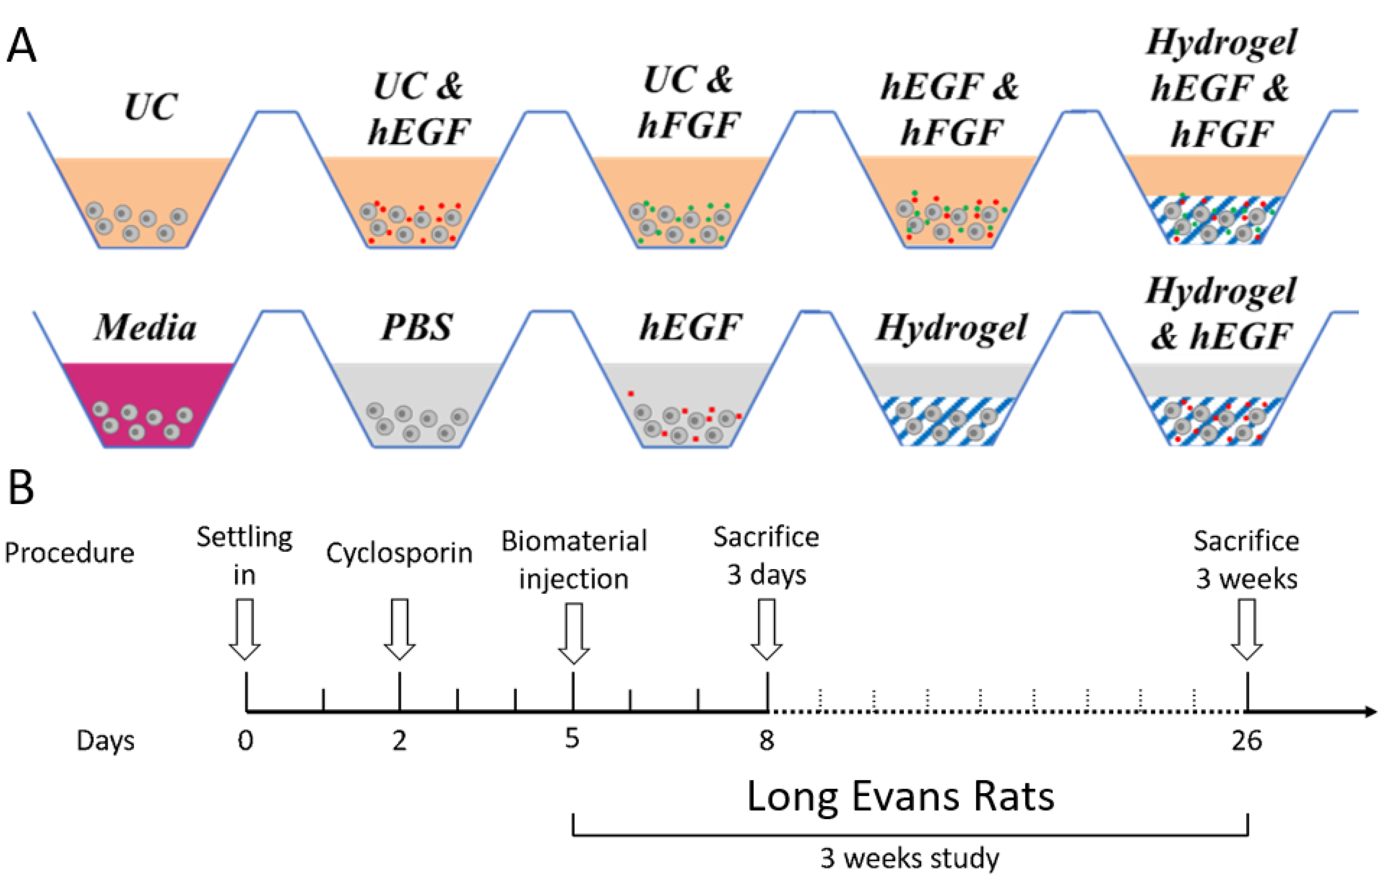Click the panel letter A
point(21,46)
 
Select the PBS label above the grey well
point(416,327)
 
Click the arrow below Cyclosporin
point(399,629)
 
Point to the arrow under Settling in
point(245,629)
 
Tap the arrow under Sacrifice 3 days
point(766,629)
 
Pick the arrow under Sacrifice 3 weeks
point(1246,629)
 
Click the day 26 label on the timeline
point(1246,740)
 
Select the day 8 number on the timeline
point(766,740)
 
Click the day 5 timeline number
point(573,738)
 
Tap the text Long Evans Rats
point(900,797)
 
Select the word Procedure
point(70,553)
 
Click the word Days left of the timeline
point(105,741)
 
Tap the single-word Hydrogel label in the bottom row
point(951,328)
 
